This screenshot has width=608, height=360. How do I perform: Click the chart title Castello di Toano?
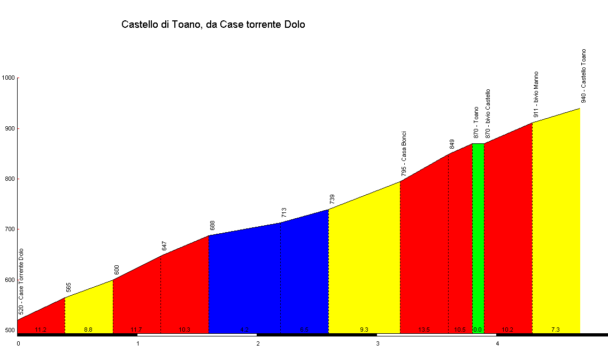point(213,25)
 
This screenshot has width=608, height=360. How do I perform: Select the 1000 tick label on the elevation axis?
point(9,78)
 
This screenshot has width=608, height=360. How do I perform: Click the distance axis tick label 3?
point(378,343)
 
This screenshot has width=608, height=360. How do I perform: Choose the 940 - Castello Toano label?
point(584,75)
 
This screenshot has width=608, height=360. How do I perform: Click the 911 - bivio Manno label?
point(536,94)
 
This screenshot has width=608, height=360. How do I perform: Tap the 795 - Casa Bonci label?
point(404,154)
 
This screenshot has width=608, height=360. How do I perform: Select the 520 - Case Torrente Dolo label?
point(21,281)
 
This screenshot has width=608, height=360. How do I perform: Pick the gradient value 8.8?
point(88,330)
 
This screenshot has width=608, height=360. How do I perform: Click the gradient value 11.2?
point(41,330)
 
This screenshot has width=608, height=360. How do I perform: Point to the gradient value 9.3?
point(364,330)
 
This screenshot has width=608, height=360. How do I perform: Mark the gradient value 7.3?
point(556,330)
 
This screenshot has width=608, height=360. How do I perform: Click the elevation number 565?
point(68,288)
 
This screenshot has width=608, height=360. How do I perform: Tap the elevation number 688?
point(212,226)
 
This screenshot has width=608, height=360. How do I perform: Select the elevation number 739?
point(332,200)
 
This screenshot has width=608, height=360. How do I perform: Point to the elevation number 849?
point(452,144)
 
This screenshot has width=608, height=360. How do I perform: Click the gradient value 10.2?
point(507,330)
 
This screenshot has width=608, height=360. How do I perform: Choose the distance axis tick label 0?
point(18,343)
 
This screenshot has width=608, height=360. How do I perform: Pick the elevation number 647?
point(165,246)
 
